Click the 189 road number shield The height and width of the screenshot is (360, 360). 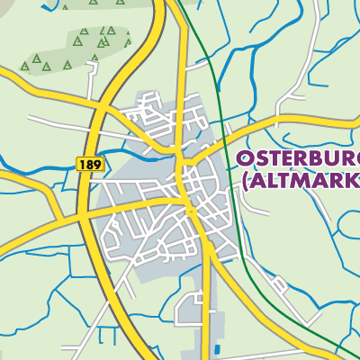coord(91,165)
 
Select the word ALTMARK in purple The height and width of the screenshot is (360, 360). coord(306,182)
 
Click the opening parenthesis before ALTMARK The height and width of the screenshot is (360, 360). coord(243,183)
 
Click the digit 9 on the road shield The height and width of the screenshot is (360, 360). coord(98,165)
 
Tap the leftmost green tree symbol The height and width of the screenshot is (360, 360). coord(25,66)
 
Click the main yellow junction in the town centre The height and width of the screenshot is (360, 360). coord(189,209)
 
